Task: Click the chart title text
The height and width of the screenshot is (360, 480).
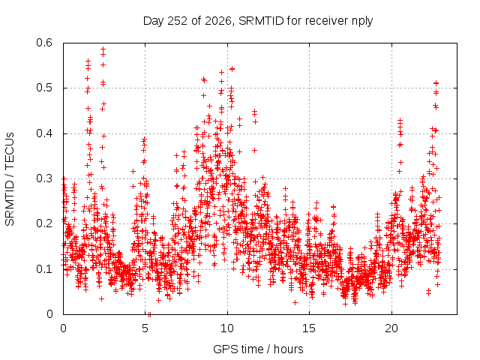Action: (258, 21)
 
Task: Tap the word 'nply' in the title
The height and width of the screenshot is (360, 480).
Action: (362, 22)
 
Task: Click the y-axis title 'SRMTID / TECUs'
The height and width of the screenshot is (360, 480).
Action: (10, 179)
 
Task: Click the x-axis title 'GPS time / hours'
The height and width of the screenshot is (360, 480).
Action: (258, 349)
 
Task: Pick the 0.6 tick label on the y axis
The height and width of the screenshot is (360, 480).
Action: (44, 43)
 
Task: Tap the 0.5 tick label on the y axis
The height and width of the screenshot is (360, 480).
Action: (44, 88)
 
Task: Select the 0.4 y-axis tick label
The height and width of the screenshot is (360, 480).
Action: (44, 133)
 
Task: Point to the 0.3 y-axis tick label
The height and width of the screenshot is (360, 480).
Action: (44, 178)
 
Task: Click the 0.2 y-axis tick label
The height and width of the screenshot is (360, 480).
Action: (44, 223)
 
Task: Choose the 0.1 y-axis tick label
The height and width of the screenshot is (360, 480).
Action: (44, 269)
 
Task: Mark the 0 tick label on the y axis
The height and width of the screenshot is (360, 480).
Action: (49, 314)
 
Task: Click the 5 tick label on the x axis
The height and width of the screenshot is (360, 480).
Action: (145, 328)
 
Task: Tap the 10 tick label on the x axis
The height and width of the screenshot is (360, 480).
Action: (227, 328)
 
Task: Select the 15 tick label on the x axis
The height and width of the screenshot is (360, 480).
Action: (309, 328)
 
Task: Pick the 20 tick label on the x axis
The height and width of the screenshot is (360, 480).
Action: (391, 328)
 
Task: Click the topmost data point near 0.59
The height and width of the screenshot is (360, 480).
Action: (103, 49)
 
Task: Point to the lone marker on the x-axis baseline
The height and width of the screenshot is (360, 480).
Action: (149, 314)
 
